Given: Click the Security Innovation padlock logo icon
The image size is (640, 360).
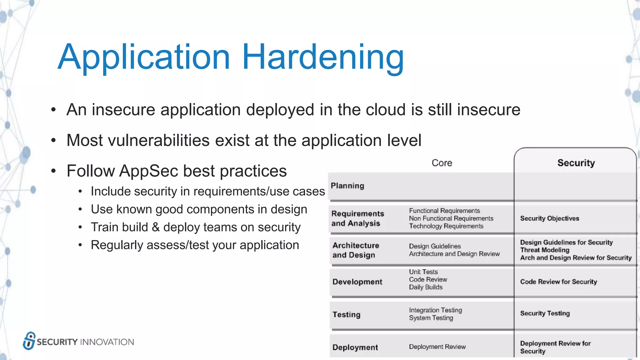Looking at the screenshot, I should click(x=29, y=341).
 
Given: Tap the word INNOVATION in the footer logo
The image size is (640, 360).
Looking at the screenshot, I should click(x=107, y=342).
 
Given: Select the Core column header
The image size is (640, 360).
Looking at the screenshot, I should click(x=442, y=163).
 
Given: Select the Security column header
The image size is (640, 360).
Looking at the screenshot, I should click(x=576, y=163).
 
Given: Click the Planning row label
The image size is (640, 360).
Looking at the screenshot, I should click(x=347, y=186).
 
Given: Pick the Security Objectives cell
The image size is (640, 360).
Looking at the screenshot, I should click(x=549, y=218).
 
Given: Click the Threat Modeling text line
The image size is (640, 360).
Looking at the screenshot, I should click(x=544, y=250).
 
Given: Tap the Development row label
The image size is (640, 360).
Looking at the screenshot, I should click(x=357, y=282).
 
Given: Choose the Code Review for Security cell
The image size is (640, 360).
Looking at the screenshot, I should click(x=558, y=282).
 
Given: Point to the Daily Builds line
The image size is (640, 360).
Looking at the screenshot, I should click(x=426, y=287).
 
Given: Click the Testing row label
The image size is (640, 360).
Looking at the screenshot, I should click(x=346, y=315).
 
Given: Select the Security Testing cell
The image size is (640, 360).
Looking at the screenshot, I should click(x=545, y=313).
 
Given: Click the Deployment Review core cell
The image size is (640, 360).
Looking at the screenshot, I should click(x=437, y=347).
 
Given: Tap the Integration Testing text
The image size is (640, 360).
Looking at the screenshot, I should click(x=435, y=310).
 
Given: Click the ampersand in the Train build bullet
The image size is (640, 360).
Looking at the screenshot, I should click(x=156, y=227).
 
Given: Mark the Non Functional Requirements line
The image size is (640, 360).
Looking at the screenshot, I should click(x=451, y=218).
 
